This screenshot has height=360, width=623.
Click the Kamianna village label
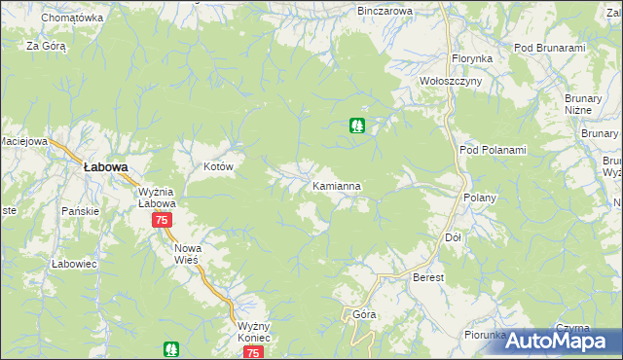coord(338,185)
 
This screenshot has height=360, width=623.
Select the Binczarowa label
coord(385,11)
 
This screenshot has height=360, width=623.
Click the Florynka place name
coord(472,58)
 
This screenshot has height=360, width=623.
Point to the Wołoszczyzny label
coord(450,82)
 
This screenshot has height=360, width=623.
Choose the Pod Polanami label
coord(493,150)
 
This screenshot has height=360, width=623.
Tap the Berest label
coord(428,278)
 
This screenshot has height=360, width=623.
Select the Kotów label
coord(219,167)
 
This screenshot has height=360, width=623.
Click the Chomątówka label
coord(72,18)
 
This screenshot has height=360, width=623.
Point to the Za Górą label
coord(46,46)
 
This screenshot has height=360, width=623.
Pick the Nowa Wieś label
coord(187,254)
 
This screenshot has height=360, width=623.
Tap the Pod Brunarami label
coord(549,48)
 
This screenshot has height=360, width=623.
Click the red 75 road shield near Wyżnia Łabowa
coord(162,221)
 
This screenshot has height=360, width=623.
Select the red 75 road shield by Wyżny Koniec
coord(253,353)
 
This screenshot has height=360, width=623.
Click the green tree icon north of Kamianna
coord(357,126)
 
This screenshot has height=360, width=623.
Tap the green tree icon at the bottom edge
coord(171,348)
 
